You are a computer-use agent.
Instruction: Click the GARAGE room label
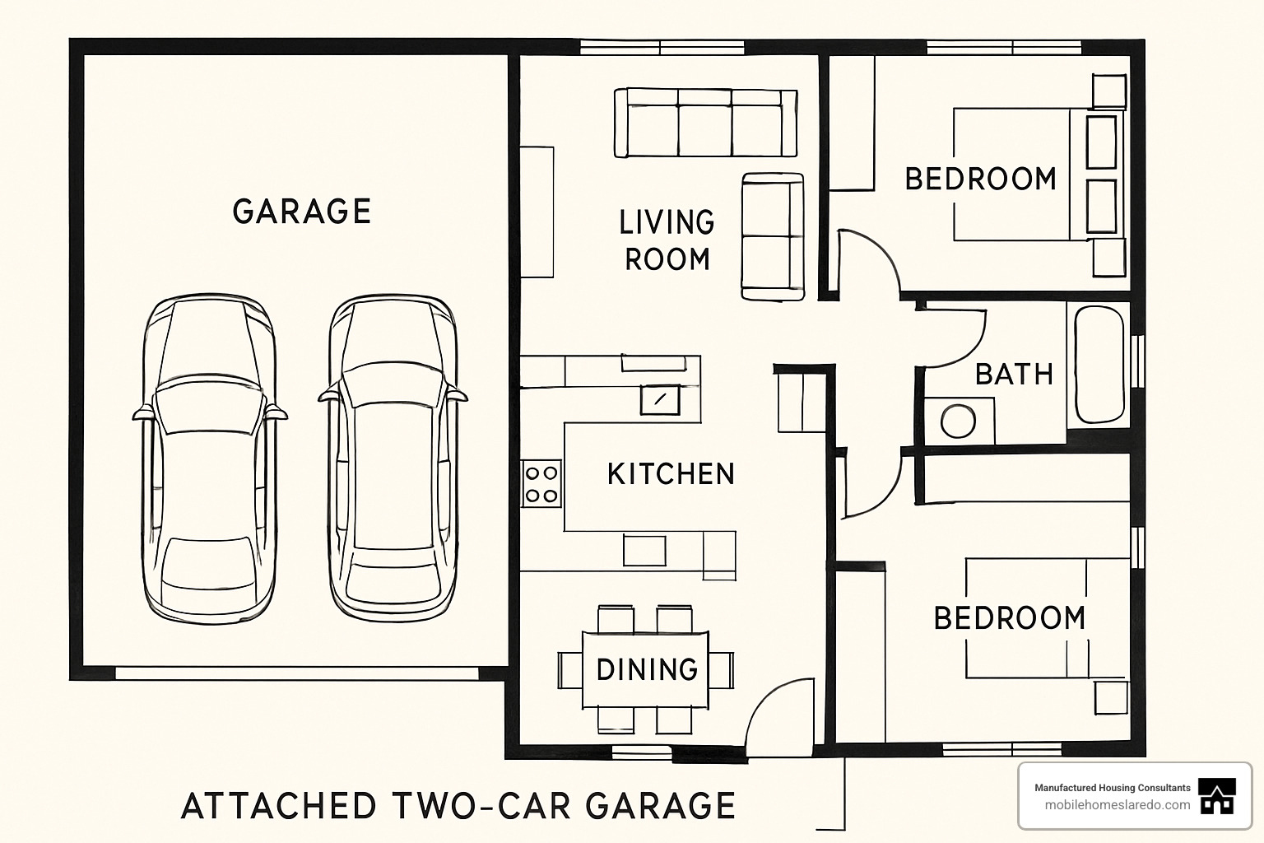click(x=301, y=212)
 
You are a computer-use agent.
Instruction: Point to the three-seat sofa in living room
click(x=705, y=123)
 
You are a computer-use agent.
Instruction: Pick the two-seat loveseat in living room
click(x=772, y=236)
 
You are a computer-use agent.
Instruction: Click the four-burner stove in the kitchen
click(x=541, y=484)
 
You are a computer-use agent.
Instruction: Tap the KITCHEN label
click(x=671, y=474)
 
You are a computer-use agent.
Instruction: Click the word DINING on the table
click(x=647, y=669)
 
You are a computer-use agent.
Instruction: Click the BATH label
click(x=1014, y=375)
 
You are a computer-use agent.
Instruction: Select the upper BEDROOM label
click(x=980, y=179)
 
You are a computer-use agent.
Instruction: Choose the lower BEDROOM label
click(x=1010, y=618)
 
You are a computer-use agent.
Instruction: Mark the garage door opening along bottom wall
click(x=296, y=673)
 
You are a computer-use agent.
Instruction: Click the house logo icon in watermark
click(x=1217, y=796)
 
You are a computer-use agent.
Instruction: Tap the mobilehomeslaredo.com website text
click(x=1117, y=805)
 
